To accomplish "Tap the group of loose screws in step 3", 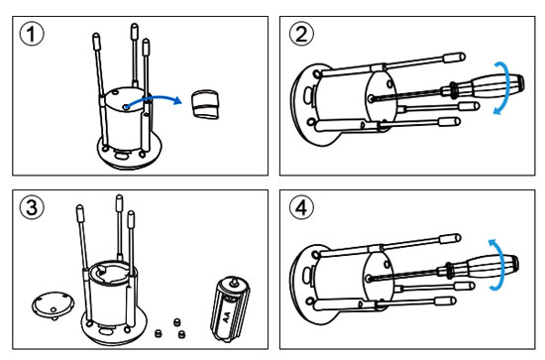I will click(170, 326).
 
